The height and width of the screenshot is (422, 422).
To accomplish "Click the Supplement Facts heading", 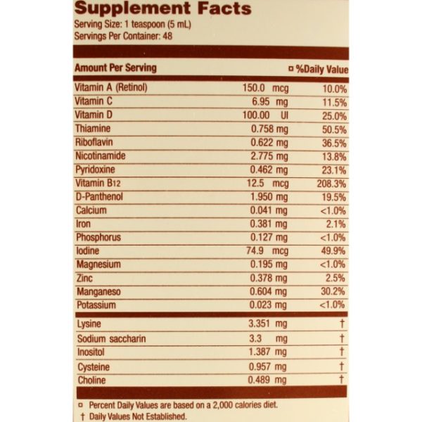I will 162,9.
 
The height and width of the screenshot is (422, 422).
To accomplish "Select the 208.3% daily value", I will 331,183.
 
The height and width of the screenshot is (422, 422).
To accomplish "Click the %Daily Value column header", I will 319,69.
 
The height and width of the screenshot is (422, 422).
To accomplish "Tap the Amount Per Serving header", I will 115,68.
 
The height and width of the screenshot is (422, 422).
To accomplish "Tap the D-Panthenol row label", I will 99,196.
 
